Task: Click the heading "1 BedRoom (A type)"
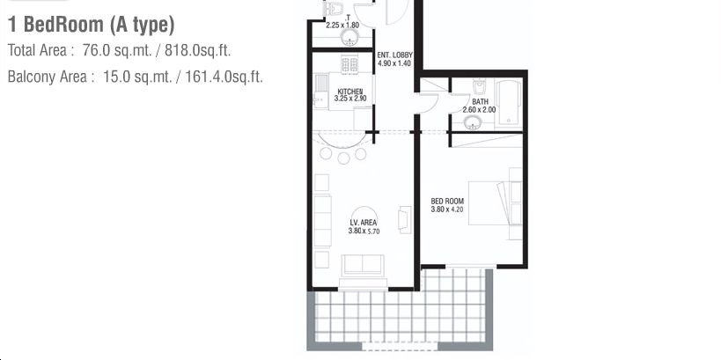(91, 25)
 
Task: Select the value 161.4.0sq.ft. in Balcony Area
(224, 77)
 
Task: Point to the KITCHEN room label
(349, 92)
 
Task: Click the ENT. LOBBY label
(394, 55)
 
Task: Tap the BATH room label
(480, 101)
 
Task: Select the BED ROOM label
(447, 201)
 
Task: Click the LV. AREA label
(364, 223)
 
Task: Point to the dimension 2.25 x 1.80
(342, 26)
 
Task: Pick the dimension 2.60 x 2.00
(479, 110)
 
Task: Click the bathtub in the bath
(509, 103)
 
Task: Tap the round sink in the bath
(473, 122)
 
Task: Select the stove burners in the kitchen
(349, 64)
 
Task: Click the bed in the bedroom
(495, 203)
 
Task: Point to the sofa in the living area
(363, 265)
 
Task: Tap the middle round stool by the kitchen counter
(343, 158)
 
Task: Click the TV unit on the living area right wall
(405, 220)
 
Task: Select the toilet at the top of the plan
(334, 8)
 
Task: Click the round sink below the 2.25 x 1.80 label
(349, 38)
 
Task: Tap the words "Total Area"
(37, 50)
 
